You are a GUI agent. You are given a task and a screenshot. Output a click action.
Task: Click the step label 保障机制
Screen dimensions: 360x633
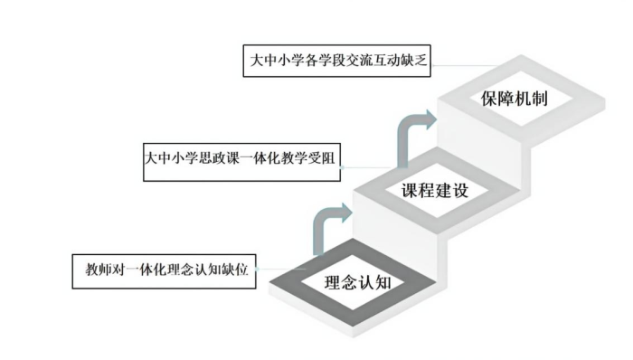click(515, 97)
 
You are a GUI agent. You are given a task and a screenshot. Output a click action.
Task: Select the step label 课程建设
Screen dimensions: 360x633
click(438, 191)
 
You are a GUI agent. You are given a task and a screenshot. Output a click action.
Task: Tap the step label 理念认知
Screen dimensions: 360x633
click(359, 281)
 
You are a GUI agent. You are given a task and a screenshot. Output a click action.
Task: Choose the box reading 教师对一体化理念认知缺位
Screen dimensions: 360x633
click(166, 270)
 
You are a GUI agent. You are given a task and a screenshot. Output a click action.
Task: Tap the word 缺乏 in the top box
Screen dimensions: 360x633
click(417, 62)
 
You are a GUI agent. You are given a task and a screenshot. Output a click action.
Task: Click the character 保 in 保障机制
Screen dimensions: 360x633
click(489, 97)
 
